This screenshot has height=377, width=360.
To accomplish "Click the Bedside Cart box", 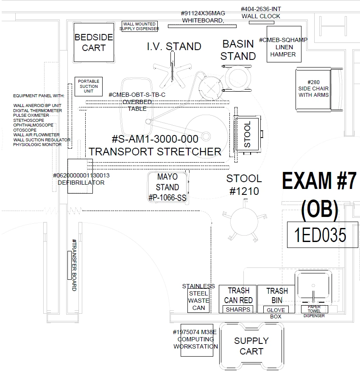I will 94,42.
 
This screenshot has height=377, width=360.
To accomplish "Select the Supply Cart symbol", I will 251,346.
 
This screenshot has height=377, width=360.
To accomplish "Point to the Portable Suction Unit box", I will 88,86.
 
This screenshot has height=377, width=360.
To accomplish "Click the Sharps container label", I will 238,309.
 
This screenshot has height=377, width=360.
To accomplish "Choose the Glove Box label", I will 276,310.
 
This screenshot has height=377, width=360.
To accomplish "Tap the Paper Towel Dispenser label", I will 314,311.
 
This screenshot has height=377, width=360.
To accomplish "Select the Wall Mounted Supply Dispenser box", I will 139,26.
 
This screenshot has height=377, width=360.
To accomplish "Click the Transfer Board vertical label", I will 74,265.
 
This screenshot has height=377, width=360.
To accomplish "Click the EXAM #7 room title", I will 319,181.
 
